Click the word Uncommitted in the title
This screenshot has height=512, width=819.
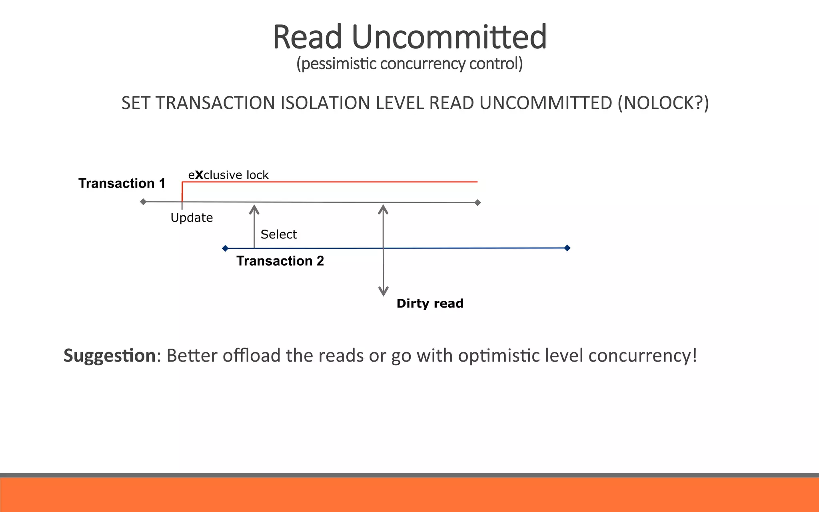[x=449, y=37]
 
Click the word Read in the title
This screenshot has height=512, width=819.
[x=307, y=37]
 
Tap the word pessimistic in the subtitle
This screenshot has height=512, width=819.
[x=336, y=64]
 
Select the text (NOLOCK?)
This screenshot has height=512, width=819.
[x=663, y=103]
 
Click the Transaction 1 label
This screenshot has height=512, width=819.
[x=122, y=183]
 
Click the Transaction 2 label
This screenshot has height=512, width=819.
[x=280, y=261]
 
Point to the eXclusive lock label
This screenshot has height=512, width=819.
[x=228, y=175]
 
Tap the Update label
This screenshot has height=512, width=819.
[x=192, y=218]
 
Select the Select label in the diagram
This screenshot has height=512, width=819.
[x=278, y=234]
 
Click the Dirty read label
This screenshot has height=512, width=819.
[x=430, y=303]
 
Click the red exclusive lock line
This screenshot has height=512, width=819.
[x=328, y=182]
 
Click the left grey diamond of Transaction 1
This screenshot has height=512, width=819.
[x=143, y=202]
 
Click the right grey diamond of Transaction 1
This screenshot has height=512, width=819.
[x=477, y=202]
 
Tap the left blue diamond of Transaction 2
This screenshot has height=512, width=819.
[x=225, y=248]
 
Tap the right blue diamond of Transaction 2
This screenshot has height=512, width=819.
[x=567, y=248]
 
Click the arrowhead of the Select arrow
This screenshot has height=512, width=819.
[x=254, y=209]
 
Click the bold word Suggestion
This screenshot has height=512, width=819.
[x=109, y=356]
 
